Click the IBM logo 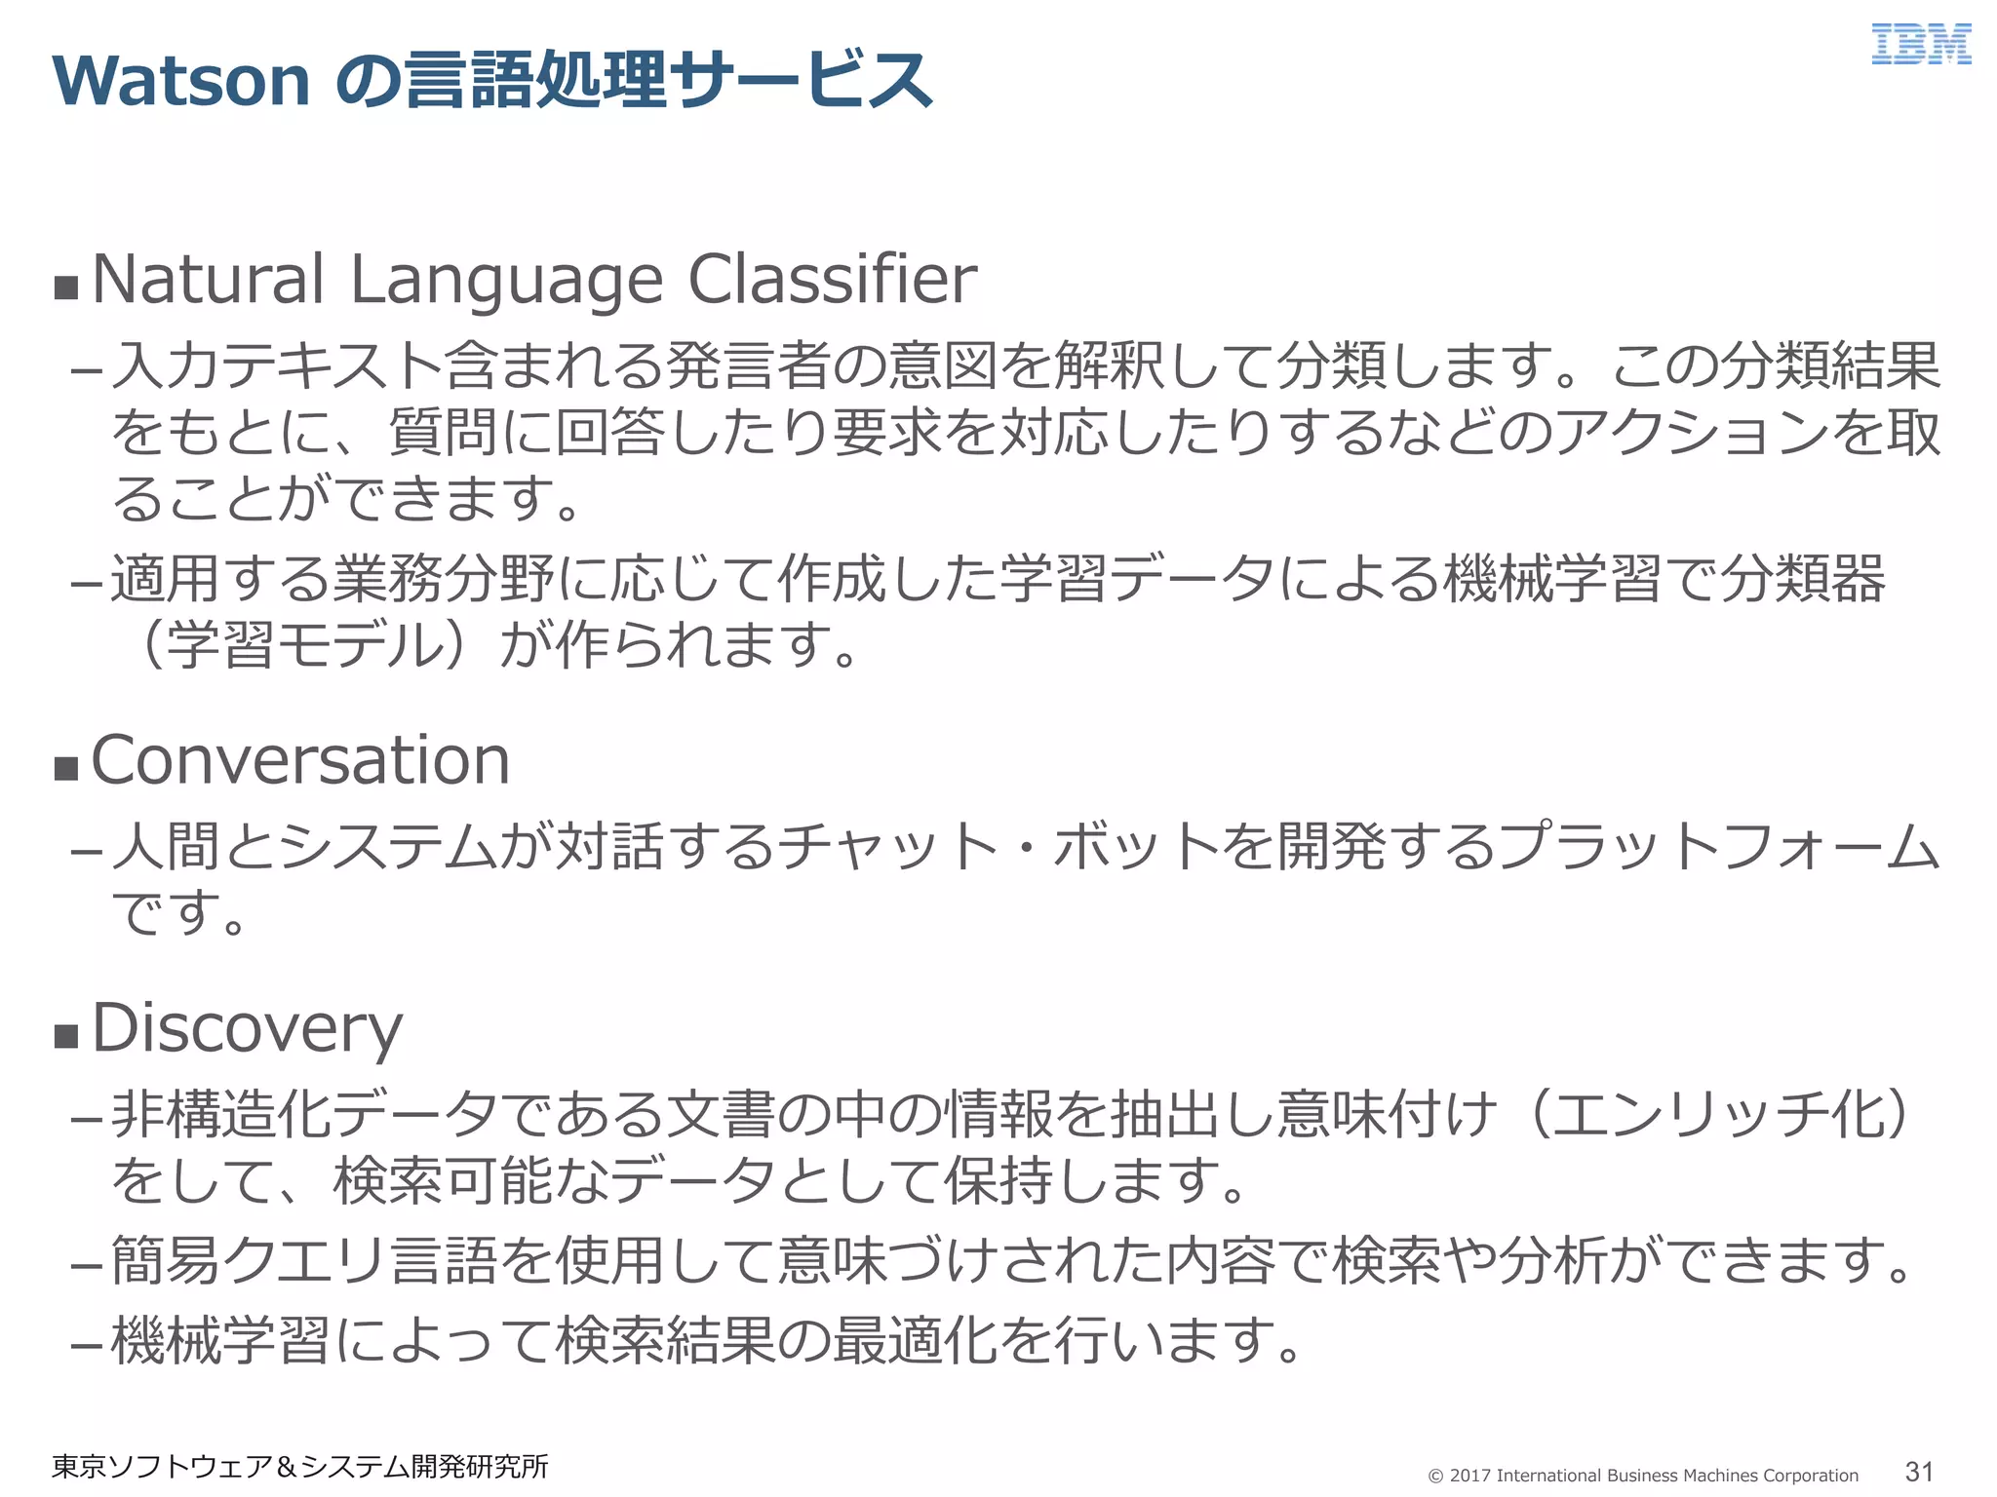coord(1920,45)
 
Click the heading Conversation coord(300,760)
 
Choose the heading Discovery coord(247,1029)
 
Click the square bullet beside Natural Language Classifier coord(66,288)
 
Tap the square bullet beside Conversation coord(66,768)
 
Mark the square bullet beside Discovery coord(66,1035)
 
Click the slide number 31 coord(1919,1472)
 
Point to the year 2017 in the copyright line coord(1469,1476)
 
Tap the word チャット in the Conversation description coord(887,846)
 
